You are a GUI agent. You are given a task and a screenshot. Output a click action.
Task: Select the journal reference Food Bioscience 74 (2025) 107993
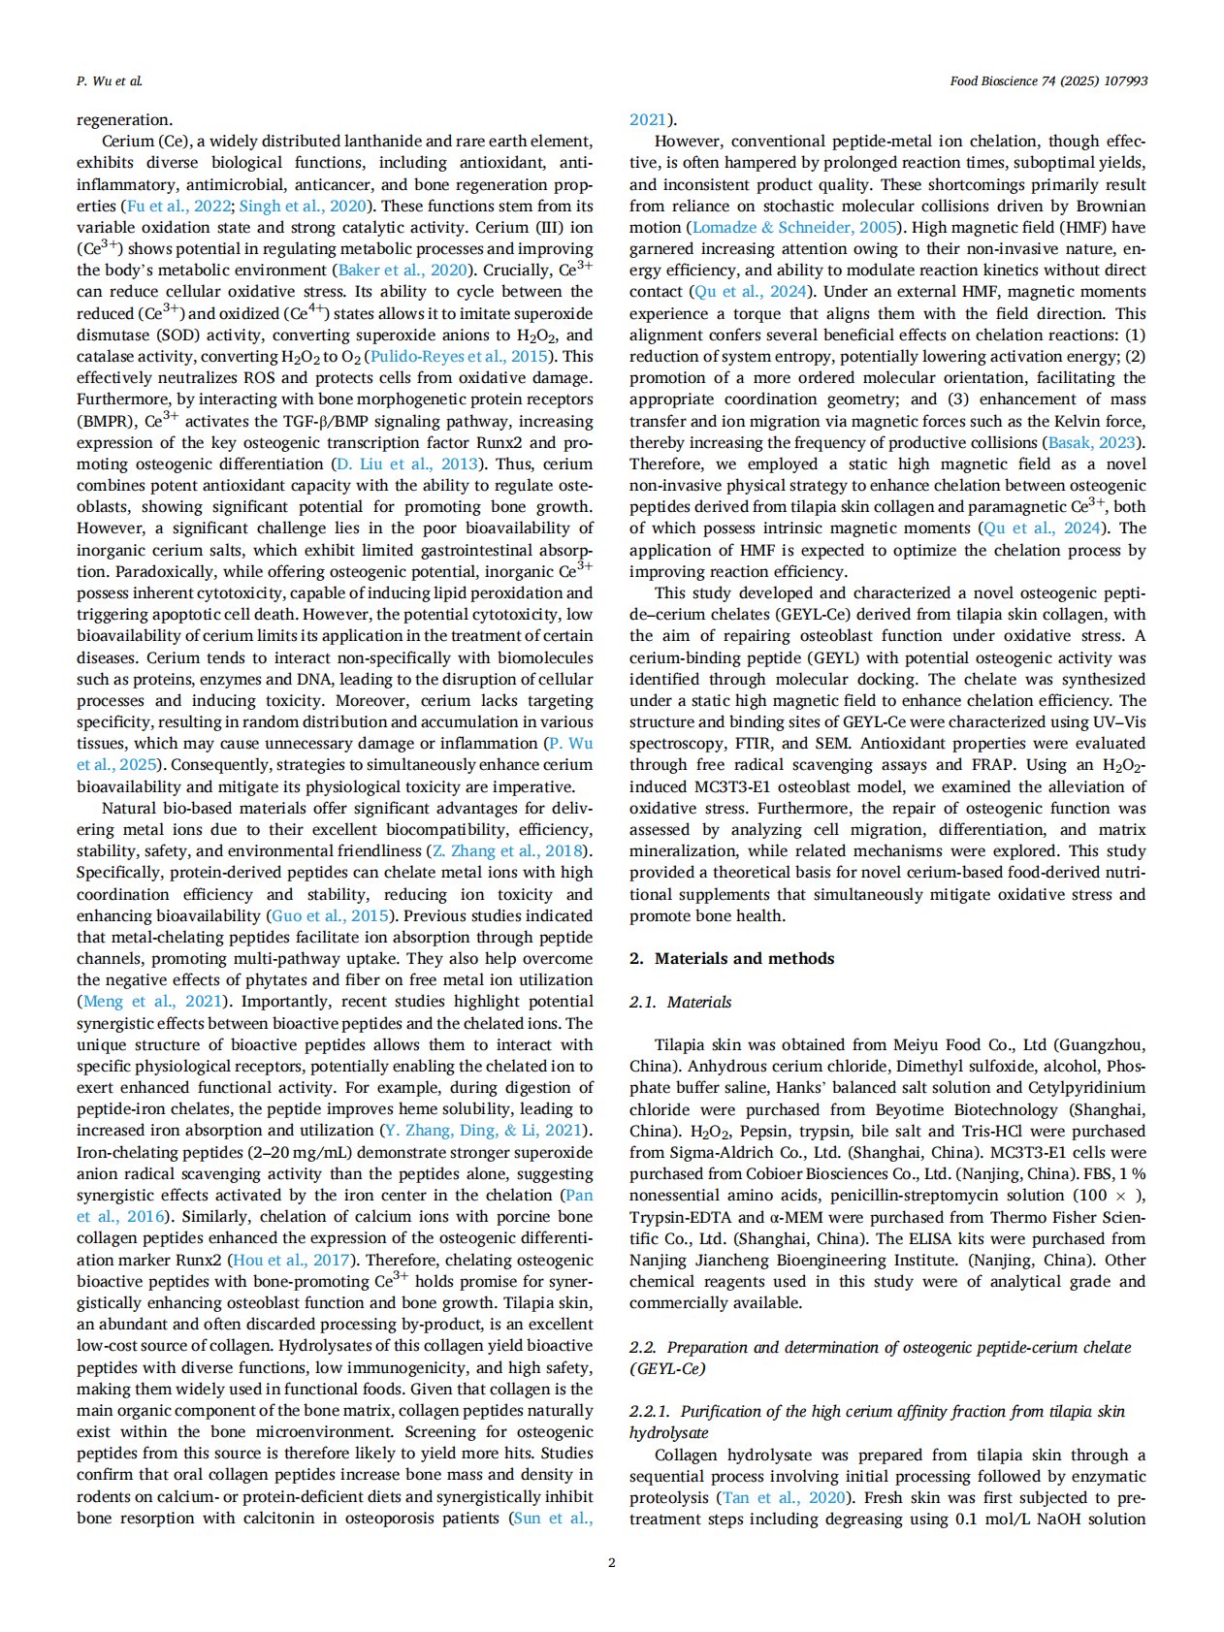1048,81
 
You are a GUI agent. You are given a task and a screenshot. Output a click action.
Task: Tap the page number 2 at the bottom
611,1562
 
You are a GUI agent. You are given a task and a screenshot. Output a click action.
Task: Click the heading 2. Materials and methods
731,958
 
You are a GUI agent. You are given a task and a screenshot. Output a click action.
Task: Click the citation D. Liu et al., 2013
407,464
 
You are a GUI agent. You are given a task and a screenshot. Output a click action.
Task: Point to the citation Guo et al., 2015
330,915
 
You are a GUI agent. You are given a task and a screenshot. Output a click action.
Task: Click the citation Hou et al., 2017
292,1260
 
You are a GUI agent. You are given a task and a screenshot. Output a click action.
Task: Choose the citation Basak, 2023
1090,442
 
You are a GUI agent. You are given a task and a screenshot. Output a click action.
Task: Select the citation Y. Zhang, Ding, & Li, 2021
483,1131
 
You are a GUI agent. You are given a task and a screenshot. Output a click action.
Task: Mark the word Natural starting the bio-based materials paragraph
129,808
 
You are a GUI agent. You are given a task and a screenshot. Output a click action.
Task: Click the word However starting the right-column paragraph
686,142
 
